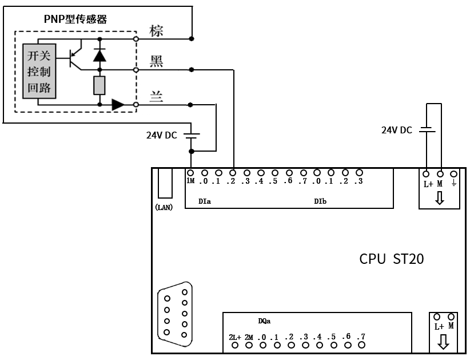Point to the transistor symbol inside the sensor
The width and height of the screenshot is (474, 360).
click(74, 56)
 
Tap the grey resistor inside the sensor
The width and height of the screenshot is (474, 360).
click(99, 85)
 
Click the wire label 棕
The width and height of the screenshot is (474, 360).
click(156, 31)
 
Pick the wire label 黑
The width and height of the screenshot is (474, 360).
click(156, 61)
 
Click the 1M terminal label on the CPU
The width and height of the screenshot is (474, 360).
click(190, 182)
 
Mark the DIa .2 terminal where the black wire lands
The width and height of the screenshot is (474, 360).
click(233, 172)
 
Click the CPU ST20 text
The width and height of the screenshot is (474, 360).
click(392, 259)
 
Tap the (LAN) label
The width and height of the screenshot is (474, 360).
click(164, 207)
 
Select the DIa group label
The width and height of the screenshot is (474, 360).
click(205, 201)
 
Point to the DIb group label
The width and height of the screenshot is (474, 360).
click(320, 201)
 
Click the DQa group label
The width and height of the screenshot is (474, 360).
click(265, 322)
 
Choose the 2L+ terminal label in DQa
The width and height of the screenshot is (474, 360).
click(234, 337)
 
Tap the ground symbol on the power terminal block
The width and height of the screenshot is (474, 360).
click(454, 183)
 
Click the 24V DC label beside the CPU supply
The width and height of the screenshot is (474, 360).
click(396, 130)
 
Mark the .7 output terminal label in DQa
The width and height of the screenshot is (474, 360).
click(361, 337)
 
